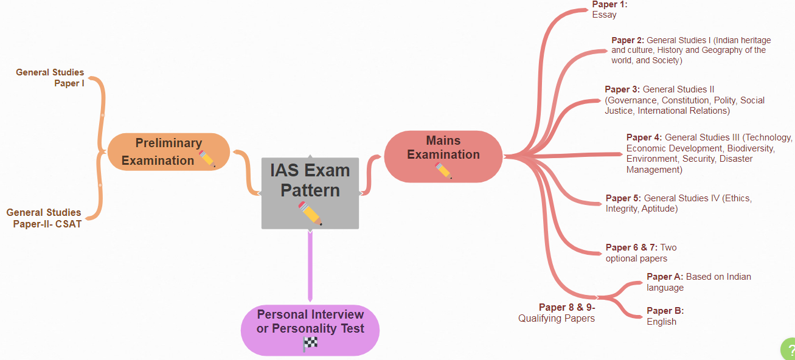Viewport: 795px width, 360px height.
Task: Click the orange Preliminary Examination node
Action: (x=168, y=151)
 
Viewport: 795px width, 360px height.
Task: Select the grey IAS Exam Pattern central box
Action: (x=310, y=192)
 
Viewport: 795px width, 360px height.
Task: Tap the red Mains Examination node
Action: (x=443, y=156)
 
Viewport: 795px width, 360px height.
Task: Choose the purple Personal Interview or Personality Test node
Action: (x=310, y=329)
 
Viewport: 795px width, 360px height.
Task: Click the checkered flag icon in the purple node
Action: (x=310, y=344)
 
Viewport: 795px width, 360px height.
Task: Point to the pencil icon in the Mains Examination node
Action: (x=444, y=171)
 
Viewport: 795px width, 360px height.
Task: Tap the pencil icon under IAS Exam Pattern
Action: (x=310, y=213)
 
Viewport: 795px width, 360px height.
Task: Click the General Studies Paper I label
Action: (x=51, y=78)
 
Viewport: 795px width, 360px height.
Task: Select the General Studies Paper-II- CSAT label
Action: (x=44, y=218)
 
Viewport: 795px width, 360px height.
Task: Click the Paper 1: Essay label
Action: (x=608, y=9)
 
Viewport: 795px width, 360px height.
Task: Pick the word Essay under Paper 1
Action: (x=604, y=15)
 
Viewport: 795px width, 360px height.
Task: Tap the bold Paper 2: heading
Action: (x=628, y=40)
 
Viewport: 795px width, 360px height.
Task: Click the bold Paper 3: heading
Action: (x=622, y=89)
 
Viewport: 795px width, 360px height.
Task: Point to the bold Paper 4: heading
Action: (x=644, y=137)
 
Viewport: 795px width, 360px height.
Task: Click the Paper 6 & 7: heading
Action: (x=631, y=247)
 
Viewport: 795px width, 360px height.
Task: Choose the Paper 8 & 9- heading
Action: (x=567, y=307)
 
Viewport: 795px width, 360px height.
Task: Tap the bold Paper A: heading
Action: (x=665, y=277)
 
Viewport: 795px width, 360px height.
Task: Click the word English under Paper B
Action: (x=661, y=322)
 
